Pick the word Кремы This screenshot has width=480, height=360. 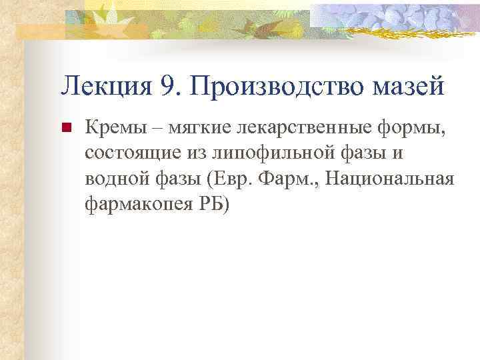(111, 127)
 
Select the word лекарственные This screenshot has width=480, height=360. (281, 127)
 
